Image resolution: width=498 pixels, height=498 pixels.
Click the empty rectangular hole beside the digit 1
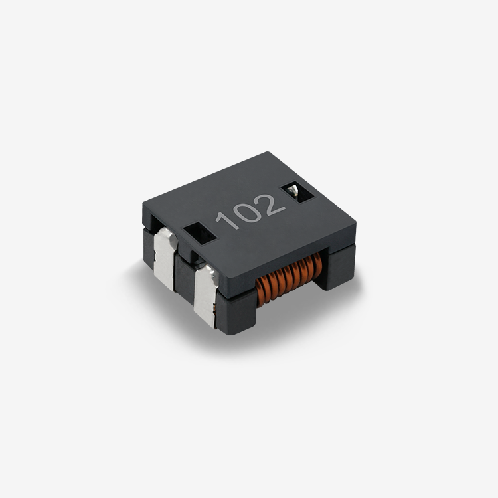click(199, 233)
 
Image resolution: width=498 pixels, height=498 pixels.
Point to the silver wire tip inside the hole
click(293, 190)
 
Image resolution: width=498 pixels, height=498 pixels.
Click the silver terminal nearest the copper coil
click(206, 295)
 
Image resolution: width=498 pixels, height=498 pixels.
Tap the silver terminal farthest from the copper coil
click(165, 258)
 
